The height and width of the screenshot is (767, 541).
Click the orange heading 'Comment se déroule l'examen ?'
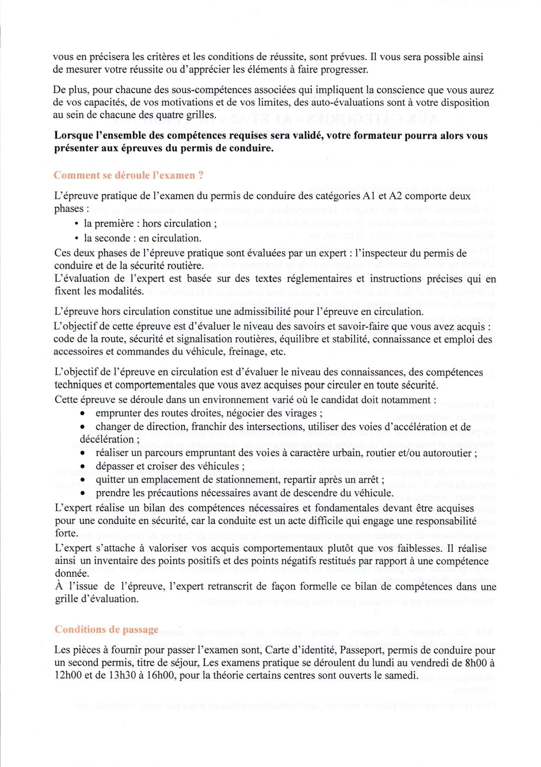[x=128, y=175]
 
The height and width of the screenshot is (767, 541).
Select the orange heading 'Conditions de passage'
[x=106, y=629]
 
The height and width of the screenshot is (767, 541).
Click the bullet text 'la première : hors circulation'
[x=147, y=223]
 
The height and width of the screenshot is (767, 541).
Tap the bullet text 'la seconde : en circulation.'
[x=142, y=238]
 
